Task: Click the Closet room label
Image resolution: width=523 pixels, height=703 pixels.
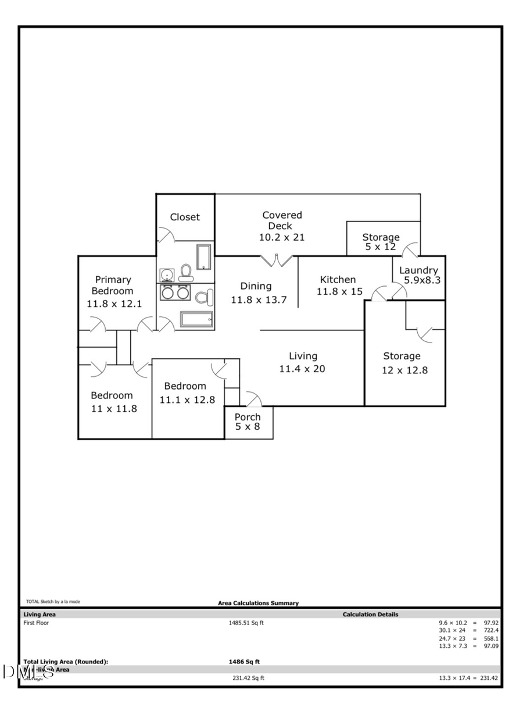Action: click(x=185, y=217)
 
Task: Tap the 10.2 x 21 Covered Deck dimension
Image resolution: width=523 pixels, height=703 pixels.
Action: click(x=282, y=237)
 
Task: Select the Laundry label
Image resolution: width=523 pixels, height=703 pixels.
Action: click(x=418, y=270)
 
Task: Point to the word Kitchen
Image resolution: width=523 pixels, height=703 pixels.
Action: click(x=338, y=280)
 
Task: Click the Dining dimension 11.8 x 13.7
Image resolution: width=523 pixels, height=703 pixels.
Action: click(x=259, y=300)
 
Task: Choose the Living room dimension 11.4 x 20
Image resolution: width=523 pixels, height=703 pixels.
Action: click(x=303, y=369)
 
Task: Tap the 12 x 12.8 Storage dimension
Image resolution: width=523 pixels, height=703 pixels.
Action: click(x=404, y=370)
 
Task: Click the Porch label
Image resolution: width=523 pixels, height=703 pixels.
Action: click(x=248, y=417)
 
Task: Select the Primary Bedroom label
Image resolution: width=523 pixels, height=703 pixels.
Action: click(x=113, y=286)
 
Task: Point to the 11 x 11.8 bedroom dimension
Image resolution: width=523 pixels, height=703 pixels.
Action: click(x=114, y=408)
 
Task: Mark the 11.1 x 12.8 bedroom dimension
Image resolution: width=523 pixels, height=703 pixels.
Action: click(x=187, y=399)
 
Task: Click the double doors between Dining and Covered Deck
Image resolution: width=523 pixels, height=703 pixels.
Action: click(x=276, y=261)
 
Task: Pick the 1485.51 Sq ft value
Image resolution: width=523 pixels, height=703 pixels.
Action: click(x=246, y=623)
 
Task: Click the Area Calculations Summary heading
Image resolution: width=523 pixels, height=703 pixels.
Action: click(x=258, y=603)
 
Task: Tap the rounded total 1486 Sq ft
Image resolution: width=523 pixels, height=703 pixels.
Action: click(x=244, y=662)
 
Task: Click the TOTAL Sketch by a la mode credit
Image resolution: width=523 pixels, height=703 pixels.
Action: click(x=53, y=602)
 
